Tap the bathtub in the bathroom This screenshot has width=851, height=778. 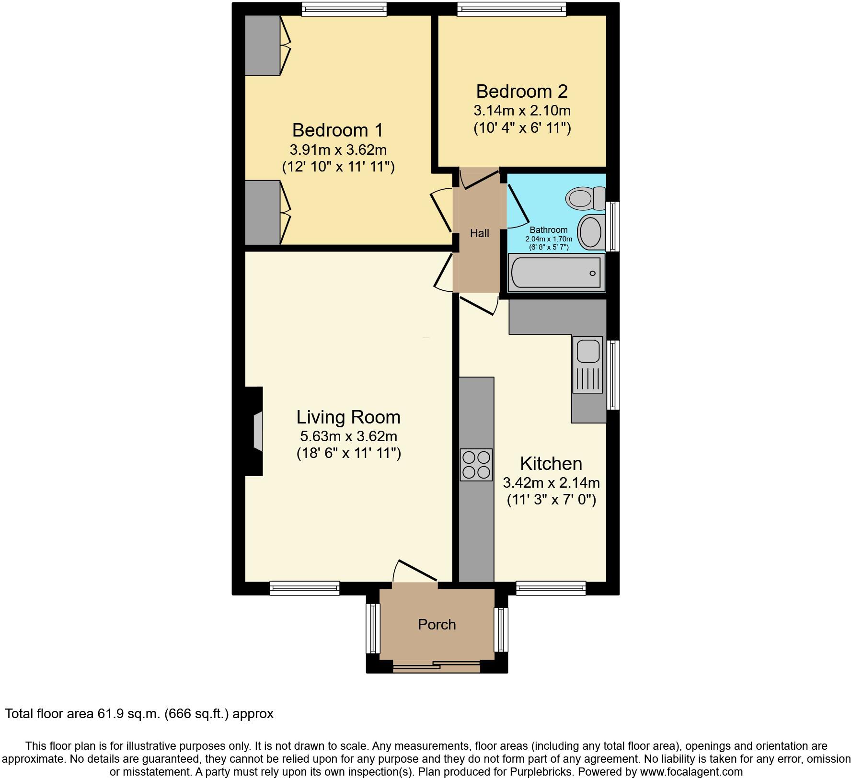coord(556,273)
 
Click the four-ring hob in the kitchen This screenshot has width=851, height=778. coord(476,464)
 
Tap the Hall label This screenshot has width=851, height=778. coord(479,233)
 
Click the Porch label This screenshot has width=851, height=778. coord(437,624)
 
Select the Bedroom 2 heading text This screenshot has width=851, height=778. coord(521,91)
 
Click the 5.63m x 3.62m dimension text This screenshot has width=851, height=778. coord(348,436)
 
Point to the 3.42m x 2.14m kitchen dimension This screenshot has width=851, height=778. coord(551,482)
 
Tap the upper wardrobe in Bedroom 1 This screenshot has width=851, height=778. coord(263,46)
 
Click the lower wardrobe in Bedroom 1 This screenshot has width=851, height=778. coord(263,212)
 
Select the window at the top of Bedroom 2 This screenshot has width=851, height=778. coord(511,9)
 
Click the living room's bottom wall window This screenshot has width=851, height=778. coord(305,588)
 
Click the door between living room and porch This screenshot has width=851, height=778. coord(415,572)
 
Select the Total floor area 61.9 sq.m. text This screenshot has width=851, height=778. coord(139,714)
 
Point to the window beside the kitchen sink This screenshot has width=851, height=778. coord(613,375)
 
